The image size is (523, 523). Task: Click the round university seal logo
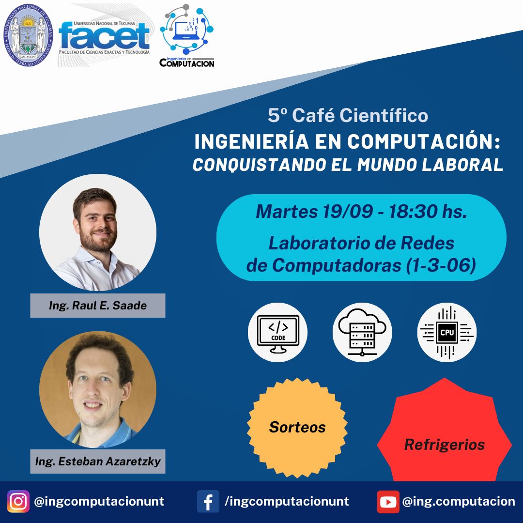click(28, 35)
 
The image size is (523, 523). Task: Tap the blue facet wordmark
click(104, 36)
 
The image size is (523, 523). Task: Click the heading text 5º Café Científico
click(348, 115)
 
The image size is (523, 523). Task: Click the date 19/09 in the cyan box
click(347, 212)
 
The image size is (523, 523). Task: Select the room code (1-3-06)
click(441, 265)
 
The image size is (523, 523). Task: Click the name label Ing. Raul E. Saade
click(98, 306)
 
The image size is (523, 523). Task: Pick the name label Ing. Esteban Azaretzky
click(98, 461)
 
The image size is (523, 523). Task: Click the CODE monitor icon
click(278, 333)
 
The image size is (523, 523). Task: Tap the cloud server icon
click(362, 333)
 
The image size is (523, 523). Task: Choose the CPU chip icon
click(447, 333)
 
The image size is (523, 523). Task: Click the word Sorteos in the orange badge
click(297, 427)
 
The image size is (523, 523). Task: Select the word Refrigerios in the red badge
click(445, 445)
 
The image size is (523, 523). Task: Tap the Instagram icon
click(18, 501)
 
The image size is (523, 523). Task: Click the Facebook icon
click(208, 501)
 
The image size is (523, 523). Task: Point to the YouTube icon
click(388, 502)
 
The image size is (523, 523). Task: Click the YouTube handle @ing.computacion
click(459, 502)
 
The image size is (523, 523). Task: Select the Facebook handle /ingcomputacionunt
click(287, 501)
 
